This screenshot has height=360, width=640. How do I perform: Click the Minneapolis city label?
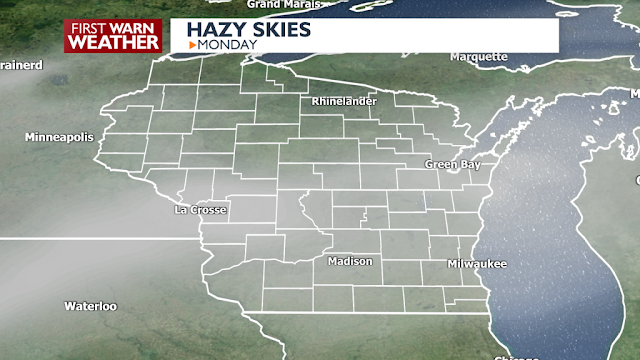58,136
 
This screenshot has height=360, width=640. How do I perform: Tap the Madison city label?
350,261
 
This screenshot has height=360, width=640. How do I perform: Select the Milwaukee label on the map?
477,263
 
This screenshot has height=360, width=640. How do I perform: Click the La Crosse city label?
201,210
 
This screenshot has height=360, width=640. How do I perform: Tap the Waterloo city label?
91,305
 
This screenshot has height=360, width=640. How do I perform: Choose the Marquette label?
479,57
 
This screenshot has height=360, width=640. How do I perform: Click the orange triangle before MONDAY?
191,44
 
